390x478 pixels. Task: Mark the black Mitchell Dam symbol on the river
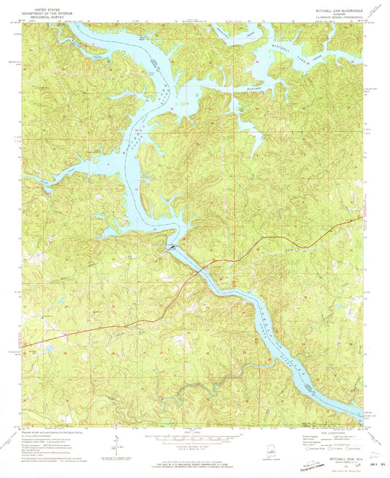click(x=171, y=247)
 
